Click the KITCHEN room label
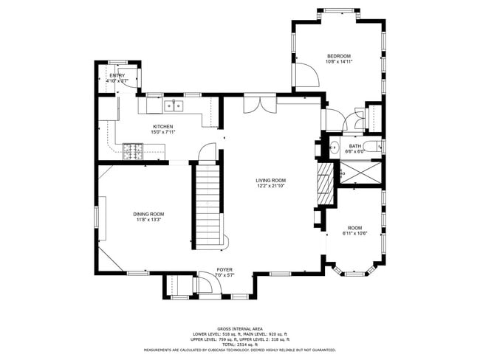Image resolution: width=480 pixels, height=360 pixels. tap(163, 126)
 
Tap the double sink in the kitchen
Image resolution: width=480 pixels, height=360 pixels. tap(174, 105)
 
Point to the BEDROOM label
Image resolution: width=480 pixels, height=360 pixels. tap(338, 56)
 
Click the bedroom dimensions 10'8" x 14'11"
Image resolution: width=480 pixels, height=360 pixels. tap(338, 62)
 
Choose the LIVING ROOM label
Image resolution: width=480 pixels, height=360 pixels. tap(271, 180)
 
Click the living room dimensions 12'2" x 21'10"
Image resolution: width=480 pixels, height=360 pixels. tap(271, 186)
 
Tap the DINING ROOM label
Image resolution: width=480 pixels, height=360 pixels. tap(148, 213)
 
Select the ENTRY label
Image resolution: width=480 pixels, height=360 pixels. tap(117, 75)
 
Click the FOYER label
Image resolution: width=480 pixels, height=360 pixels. tap(224, 270)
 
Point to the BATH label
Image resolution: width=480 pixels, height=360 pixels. tap(355, 146)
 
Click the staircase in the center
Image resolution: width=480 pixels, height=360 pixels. tap(208, 207)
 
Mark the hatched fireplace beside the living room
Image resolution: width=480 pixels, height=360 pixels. tap(323, 184)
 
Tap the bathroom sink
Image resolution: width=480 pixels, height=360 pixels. tap(331, 147)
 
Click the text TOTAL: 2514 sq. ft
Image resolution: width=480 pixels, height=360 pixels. tap(240, 344)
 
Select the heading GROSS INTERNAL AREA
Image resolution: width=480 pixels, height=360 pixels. tap(240, 328)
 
